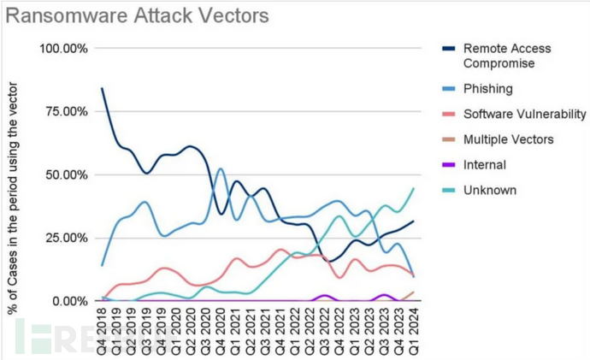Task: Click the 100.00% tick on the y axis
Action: pyautogui.click(x=64, y=48)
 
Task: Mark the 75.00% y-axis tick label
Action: pyautogui.click(x=68, y=111)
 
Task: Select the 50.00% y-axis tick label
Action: pyautogui.click(x=68, y=174)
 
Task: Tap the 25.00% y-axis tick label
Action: pyautogui.click(x=68, y=238)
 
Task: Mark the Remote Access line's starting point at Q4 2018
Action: pyautogui.click(x=103, y=88)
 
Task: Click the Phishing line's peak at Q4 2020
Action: pyautogui.click(x=221, y=168)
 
